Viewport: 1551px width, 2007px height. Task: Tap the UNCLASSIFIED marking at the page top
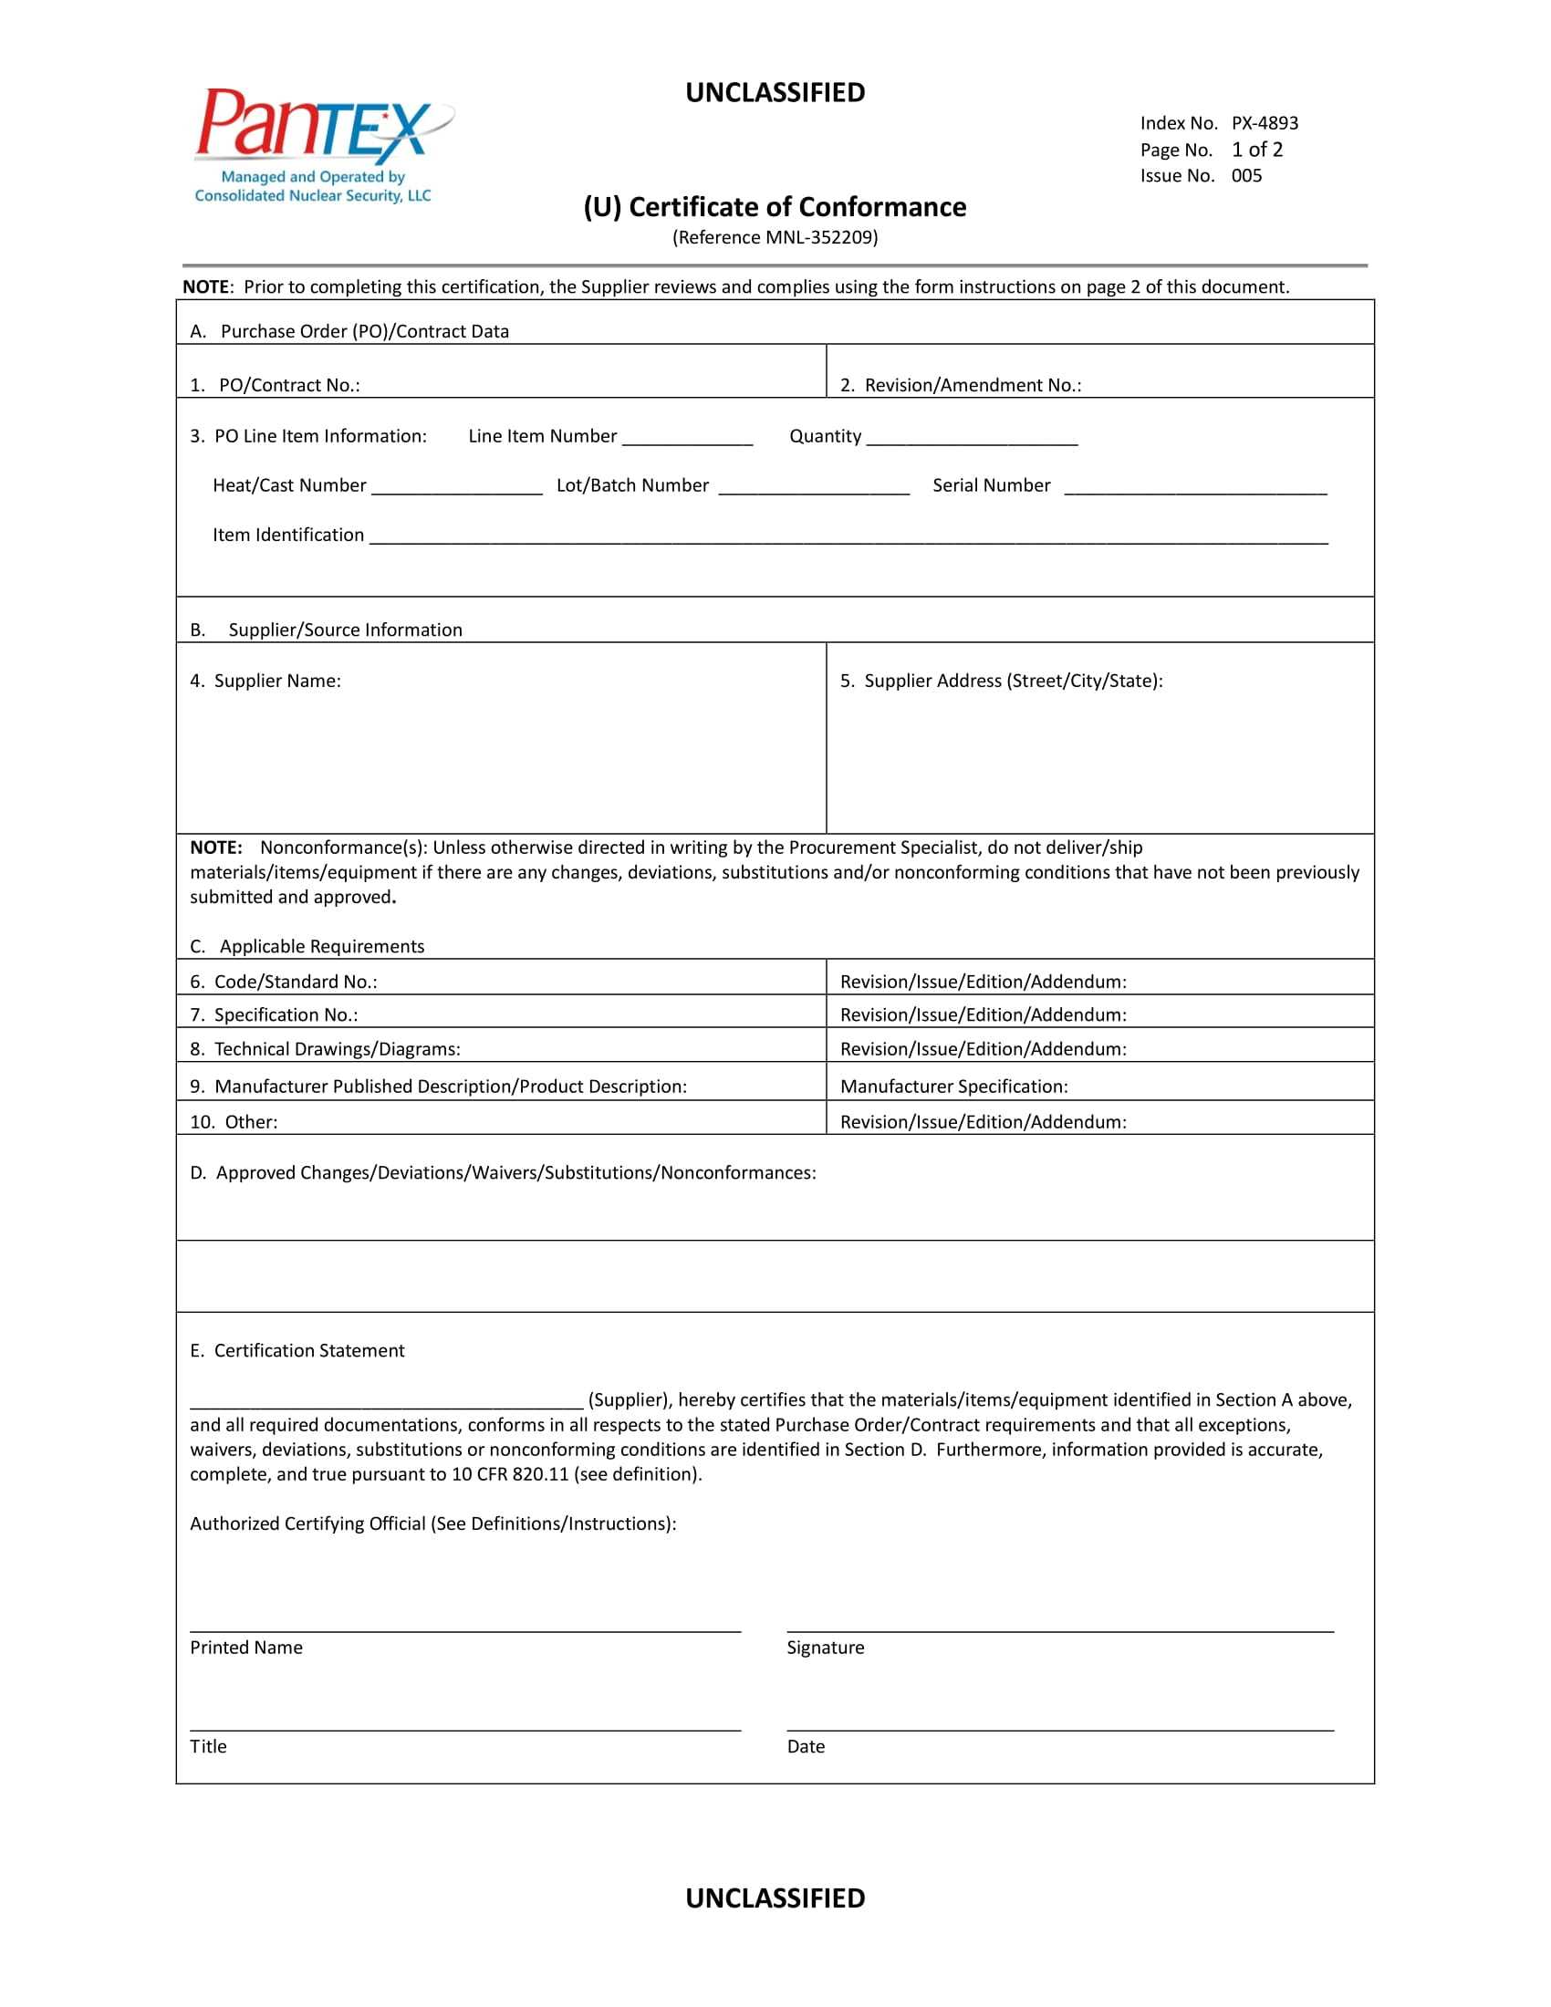click(x=775, y=93)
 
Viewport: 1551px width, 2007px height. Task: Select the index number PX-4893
click(x=1265, y=123)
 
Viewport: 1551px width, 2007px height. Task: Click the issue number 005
click(x=1247, y=175)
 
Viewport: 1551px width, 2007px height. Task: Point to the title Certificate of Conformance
click(x=775, y=207)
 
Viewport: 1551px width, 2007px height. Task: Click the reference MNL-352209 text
click(x=775, y=238)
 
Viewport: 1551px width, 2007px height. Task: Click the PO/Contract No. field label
click(x=275, y=385)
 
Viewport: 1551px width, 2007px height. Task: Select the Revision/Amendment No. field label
click(x=960, y=385)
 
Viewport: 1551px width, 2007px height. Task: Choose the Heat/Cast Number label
click(x=289, y=485)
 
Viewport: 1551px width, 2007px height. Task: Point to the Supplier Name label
click(x=265, y=681)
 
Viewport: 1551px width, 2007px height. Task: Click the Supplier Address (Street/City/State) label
click(x=1002, y=681)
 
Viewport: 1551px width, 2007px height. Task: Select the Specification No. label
click(x=274, y=1014)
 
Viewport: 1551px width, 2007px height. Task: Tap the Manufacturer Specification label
click(x=953, y=1087)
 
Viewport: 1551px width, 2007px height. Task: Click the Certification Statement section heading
click(x=297, y=1350)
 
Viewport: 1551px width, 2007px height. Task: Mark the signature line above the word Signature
click(x=1059, y=1630)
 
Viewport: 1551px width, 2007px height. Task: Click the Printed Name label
click(x=246, y=1648)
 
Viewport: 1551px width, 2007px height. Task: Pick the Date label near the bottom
click(x=806, y=1747)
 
